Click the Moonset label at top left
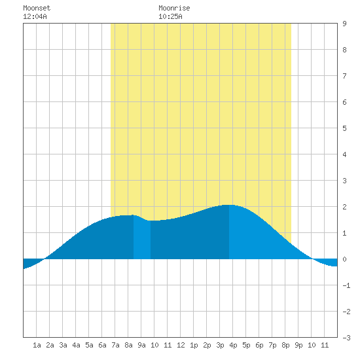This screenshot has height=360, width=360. [x=37, y=8]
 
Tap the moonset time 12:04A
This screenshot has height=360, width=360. [x=35, y=16]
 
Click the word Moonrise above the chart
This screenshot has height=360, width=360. [x=174, y=8]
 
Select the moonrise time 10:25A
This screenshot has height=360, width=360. [x=170, y=16]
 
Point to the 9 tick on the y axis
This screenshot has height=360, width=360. [x=344, y=24]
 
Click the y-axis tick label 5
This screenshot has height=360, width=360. [x=344, y=128]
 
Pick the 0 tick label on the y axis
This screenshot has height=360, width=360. [x=344, y=259]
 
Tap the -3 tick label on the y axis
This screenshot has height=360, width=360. [x=346, y=338]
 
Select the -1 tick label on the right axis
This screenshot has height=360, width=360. [x=346, y=285]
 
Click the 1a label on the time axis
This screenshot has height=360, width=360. [x=37, y=345]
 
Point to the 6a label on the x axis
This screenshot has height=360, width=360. [x=102, y=345]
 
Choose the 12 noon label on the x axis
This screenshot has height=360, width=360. [x=181, y=345]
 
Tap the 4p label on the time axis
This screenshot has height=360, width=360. [x=233, y=345]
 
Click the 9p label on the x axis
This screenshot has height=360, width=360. [x=298, y=345]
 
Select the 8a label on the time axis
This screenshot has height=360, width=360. [x=128, y=345]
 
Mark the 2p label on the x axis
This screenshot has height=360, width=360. [x=207, y=345]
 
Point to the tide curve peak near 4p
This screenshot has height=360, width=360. [x=229, y=205]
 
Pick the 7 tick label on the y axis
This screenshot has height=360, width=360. [x=344, y=76]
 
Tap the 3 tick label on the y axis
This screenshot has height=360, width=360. [x=344, y=181]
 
